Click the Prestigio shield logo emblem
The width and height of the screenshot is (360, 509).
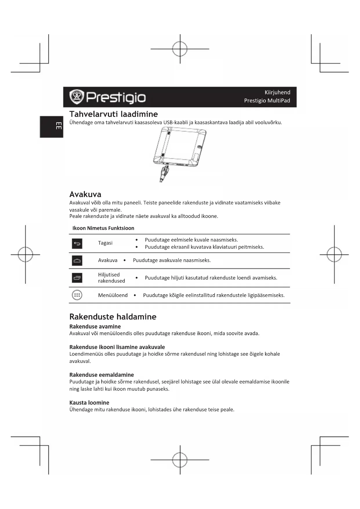tap(77, 97)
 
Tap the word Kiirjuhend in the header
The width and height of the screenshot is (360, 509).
tap(277, 92)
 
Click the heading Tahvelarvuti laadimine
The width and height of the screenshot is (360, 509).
tap(113, 114)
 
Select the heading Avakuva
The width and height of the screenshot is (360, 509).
tap(85, 194)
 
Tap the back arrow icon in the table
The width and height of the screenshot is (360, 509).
tap(77, 243)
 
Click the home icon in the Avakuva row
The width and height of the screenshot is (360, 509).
tap(77, 261)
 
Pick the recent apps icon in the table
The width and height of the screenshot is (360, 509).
tap(77, 278)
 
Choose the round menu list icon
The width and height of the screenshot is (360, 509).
tap(77, 295)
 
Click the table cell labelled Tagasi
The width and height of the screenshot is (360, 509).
tap(105, 243)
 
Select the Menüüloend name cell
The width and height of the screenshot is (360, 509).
tap(113, 295)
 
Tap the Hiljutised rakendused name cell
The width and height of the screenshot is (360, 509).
tap(111, 278)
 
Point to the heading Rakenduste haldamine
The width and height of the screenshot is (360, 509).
tap(113, 317)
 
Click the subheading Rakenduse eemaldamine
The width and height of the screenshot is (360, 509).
tap(102, 375)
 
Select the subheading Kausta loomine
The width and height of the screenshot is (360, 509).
tap(89, 402)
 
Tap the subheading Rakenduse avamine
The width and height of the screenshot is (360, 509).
tap(95, 326)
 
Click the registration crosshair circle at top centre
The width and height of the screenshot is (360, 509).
tap(180, 49)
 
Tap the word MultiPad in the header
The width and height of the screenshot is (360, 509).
tap(278, 100)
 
